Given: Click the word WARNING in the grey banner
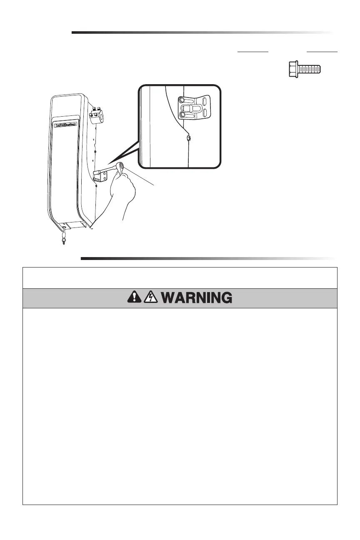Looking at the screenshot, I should pyautogui.click(x=196, y=298).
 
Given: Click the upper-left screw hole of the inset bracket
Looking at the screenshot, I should pyautogui.click(x=182, y=100).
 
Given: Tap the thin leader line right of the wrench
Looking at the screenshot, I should pyautogui.click(x=144, y=179).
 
